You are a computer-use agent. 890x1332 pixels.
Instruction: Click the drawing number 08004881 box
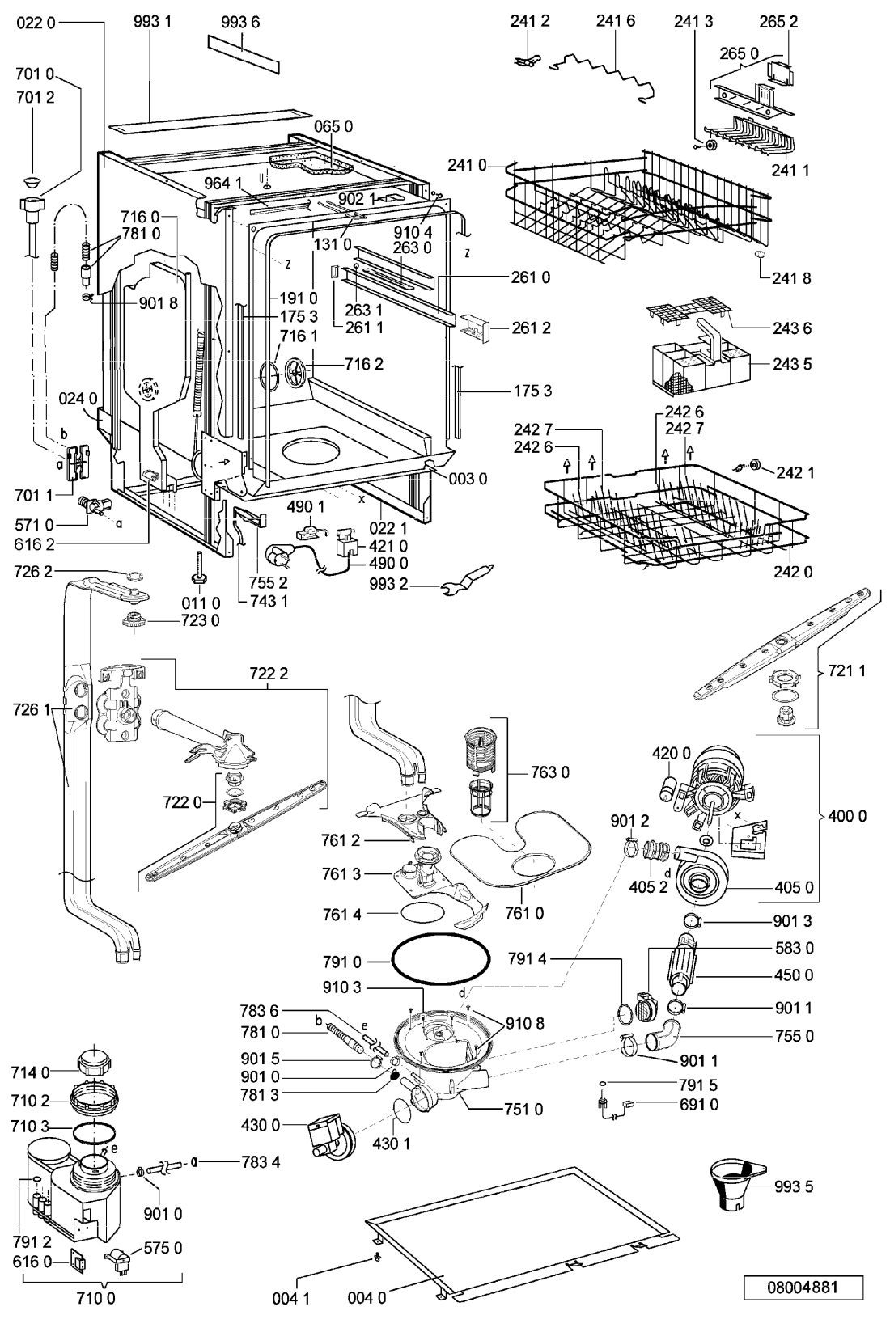click(x=803, y=1288)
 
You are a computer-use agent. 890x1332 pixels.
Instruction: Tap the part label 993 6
click(x=240, y=23)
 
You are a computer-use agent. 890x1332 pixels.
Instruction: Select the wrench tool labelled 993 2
click(x=468, y=579)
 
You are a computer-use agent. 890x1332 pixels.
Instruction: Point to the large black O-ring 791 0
click(x=441, y=962)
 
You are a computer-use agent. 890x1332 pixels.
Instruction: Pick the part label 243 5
click(x=792, y=364)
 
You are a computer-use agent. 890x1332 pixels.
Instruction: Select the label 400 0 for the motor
click(x=847, y=816)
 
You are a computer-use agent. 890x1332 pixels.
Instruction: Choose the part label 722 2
click(x=269, y=673)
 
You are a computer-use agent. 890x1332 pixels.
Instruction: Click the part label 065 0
click(x=333, y=126)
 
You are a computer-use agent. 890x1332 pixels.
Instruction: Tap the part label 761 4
click(x=341, y=915)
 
